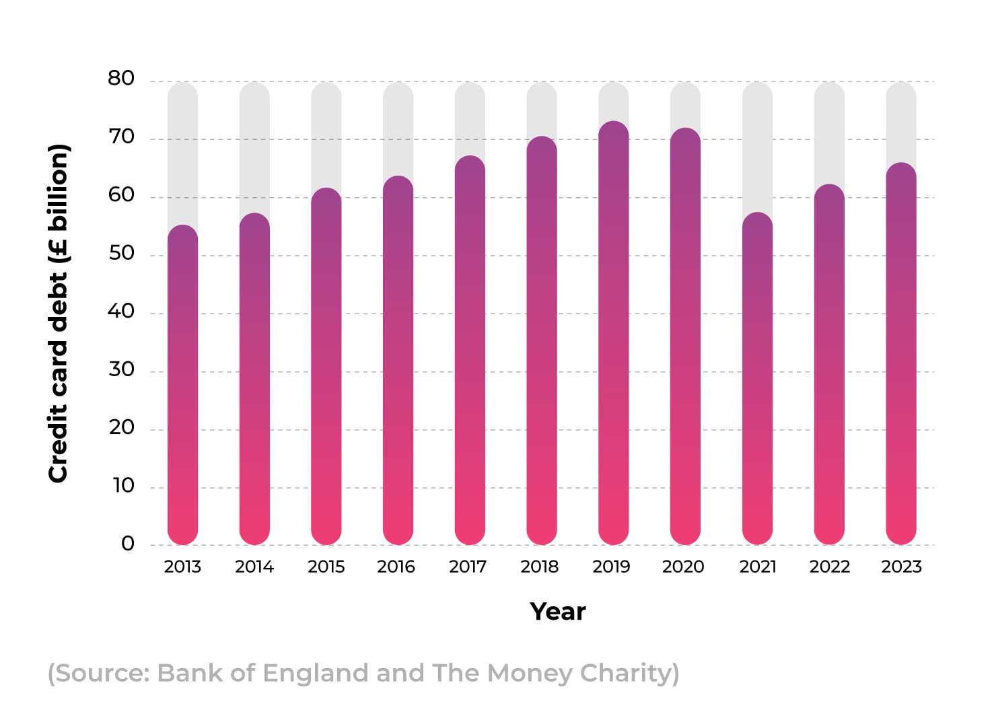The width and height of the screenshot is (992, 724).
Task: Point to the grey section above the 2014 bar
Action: click(254, 145)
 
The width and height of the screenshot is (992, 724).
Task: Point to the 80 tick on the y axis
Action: click(121, 79)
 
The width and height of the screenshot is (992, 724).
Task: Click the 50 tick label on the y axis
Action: click(121, 254)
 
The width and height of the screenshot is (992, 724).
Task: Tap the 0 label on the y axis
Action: click(127, 544)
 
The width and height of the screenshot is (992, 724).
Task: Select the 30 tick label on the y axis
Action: click(121, 369)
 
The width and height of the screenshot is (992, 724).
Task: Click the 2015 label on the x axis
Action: click(326, 567)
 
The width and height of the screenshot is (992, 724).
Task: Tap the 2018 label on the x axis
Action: click(539, 567)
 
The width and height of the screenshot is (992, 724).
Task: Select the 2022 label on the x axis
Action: click(829, 567)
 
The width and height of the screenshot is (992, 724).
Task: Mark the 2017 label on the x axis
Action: click(467, 567)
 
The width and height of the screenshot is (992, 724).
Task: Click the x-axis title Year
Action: click(557, 612)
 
